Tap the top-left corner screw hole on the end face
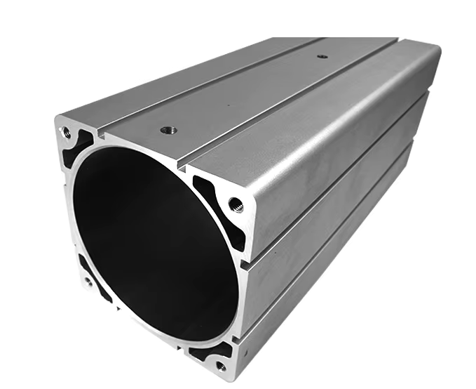[x=67, y=131]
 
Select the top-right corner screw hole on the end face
[x=236, y=205]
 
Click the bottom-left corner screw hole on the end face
[x=88, y=282]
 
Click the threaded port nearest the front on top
[x=168, y=130]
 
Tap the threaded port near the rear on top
[x=322, y=56]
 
